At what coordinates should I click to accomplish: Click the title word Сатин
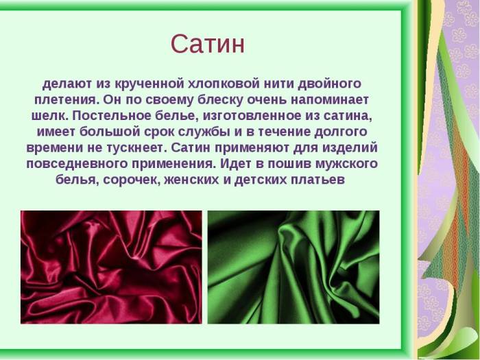[208, 44]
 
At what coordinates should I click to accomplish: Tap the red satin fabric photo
[111, 267]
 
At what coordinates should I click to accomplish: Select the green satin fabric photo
[293, 267]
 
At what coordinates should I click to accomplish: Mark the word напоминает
[332, 99]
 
